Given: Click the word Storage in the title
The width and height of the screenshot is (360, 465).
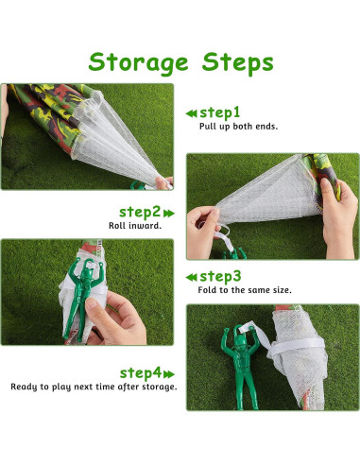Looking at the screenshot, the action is click(138, 63).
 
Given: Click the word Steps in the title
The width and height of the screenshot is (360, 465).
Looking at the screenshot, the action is click(237, 62).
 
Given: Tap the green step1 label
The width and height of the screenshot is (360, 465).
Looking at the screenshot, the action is click(219, 112).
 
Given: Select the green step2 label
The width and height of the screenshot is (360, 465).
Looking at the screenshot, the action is click(140, 213).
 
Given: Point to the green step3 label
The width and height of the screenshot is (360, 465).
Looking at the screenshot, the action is click(220, 277).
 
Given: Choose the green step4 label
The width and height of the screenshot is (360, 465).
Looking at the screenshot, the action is click(141, 373).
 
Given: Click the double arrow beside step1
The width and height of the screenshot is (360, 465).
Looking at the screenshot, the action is click(191, 113).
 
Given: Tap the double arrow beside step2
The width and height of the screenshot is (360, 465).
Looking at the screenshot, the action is click(169, 214).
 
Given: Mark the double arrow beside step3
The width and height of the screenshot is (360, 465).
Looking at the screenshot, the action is click(191, 278).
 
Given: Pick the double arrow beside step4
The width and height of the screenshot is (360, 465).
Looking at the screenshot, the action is click(169, 374).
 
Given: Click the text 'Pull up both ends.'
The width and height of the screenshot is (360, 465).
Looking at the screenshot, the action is click(238, 127).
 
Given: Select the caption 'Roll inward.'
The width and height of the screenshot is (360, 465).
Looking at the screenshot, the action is click(135, 226).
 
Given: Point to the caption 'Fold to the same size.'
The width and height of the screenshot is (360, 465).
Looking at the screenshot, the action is click(245, 290).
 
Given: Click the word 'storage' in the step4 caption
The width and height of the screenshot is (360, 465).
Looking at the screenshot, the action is click(159, 387).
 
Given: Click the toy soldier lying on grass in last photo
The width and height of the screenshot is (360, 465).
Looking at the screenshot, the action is click(240, 367).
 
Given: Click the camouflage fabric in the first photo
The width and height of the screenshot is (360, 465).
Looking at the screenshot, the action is click(47, 113).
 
